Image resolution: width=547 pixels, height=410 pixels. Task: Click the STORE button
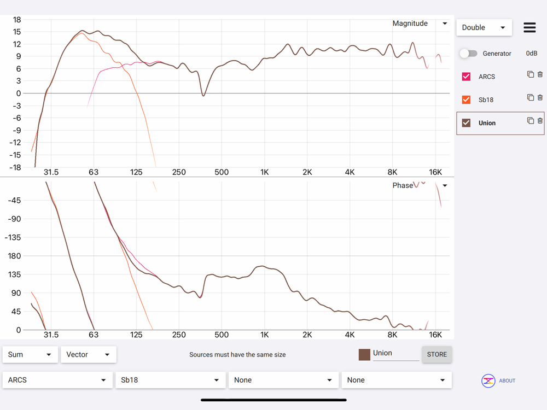(x=437, y=354)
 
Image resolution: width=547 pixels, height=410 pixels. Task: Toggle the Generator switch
(x=468, y=54)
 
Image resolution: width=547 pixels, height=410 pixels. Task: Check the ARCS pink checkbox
(x=466, y=77)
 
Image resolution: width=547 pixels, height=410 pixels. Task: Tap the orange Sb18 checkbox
(x=466, y=99)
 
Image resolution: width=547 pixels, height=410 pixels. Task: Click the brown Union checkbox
(x=466, y=123)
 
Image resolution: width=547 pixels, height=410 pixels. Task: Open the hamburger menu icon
(x=529, y=27)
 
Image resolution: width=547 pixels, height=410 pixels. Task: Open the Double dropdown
(x=484, y=27)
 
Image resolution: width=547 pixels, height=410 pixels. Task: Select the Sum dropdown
(x=30, y=354)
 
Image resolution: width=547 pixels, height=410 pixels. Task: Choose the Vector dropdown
(x=88, y=354)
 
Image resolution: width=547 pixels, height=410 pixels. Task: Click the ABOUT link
(x=507, y=380)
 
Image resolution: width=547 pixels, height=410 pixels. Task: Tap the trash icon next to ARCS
(x=540, y=74)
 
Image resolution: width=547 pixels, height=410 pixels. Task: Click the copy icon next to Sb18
(x=530, y=97)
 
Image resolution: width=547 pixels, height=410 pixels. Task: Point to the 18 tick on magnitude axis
(x=17, y=20)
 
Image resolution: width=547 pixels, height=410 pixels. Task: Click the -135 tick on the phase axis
(x=13, y=237)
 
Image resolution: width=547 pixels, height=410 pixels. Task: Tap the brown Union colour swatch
(x=364, y=354)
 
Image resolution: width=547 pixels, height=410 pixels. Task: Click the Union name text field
(x=395, y=353)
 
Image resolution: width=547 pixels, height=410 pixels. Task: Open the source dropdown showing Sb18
(x=170, y=380)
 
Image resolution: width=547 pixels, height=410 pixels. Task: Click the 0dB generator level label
(x=531, y=54)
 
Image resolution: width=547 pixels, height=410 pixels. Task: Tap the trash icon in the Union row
(x=540, y=121)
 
